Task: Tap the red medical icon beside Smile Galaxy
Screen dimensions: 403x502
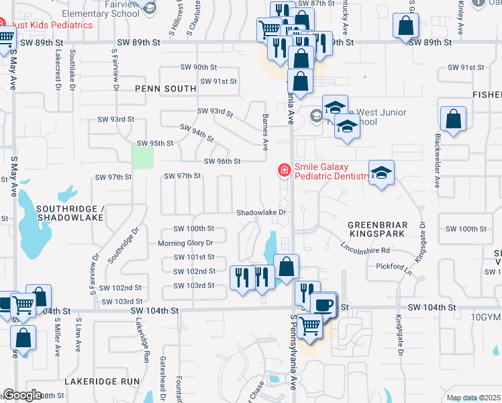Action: pos(285,171)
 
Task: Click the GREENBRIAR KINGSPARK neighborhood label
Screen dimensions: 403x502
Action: pos(376,229)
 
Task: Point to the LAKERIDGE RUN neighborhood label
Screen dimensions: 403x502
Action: pos(102,381)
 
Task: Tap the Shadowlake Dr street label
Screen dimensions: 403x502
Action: pos(262,212)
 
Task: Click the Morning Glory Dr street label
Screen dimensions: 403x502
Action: pos(185,243)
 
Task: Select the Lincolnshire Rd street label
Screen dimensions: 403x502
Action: pos(366,250)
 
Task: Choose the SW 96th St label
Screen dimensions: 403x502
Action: pos(222,161)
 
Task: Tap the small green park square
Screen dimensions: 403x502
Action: pos(142,158)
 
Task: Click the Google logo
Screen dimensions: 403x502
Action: pos(22,395)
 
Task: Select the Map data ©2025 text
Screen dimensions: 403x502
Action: pos(473,398)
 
